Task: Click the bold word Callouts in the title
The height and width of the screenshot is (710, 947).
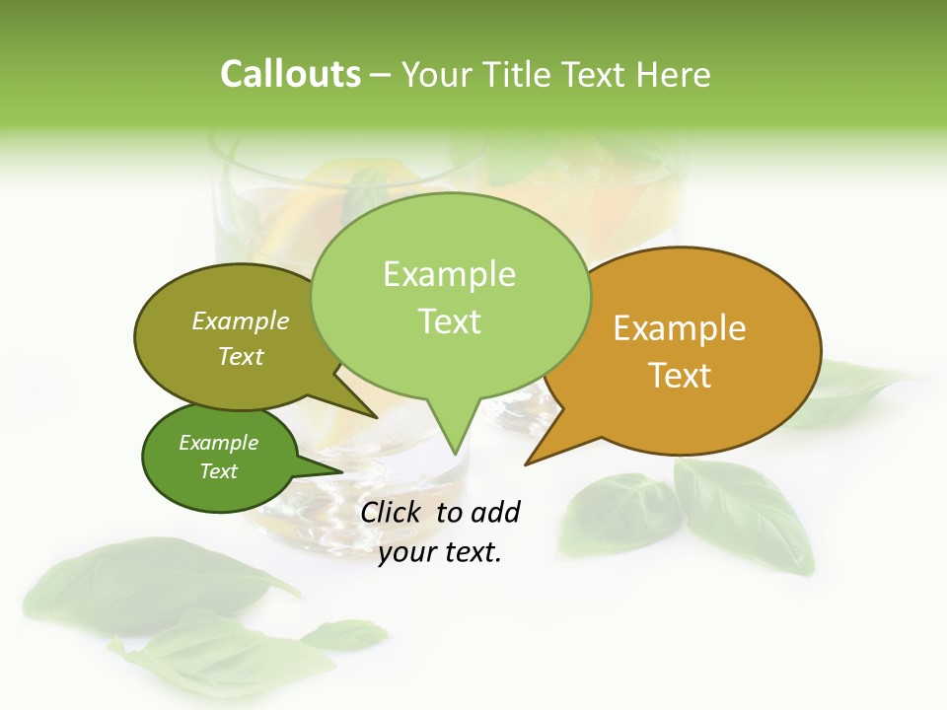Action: [x=290, y=74]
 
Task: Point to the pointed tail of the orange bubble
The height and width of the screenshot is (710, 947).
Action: [x=528, y=461]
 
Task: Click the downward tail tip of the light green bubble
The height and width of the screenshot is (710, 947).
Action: [x=454, y=453]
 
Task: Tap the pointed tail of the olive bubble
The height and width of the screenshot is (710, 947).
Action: [x=375, y=416]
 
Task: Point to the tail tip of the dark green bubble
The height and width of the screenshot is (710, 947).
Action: [x=340, y=470]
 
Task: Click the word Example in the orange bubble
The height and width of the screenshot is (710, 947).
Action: [x=680, y=328]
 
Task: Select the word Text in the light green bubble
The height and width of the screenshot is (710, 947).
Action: [x=450, y=321]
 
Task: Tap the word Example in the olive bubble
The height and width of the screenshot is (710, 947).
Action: [x=241, y=321]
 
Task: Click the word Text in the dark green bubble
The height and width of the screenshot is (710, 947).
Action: [x=219, y=471]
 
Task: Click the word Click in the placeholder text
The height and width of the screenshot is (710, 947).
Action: [x=393, y=512]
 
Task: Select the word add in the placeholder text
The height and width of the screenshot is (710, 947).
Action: [x=495, y=512]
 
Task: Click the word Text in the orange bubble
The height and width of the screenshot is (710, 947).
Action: [x=681, y=376]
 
